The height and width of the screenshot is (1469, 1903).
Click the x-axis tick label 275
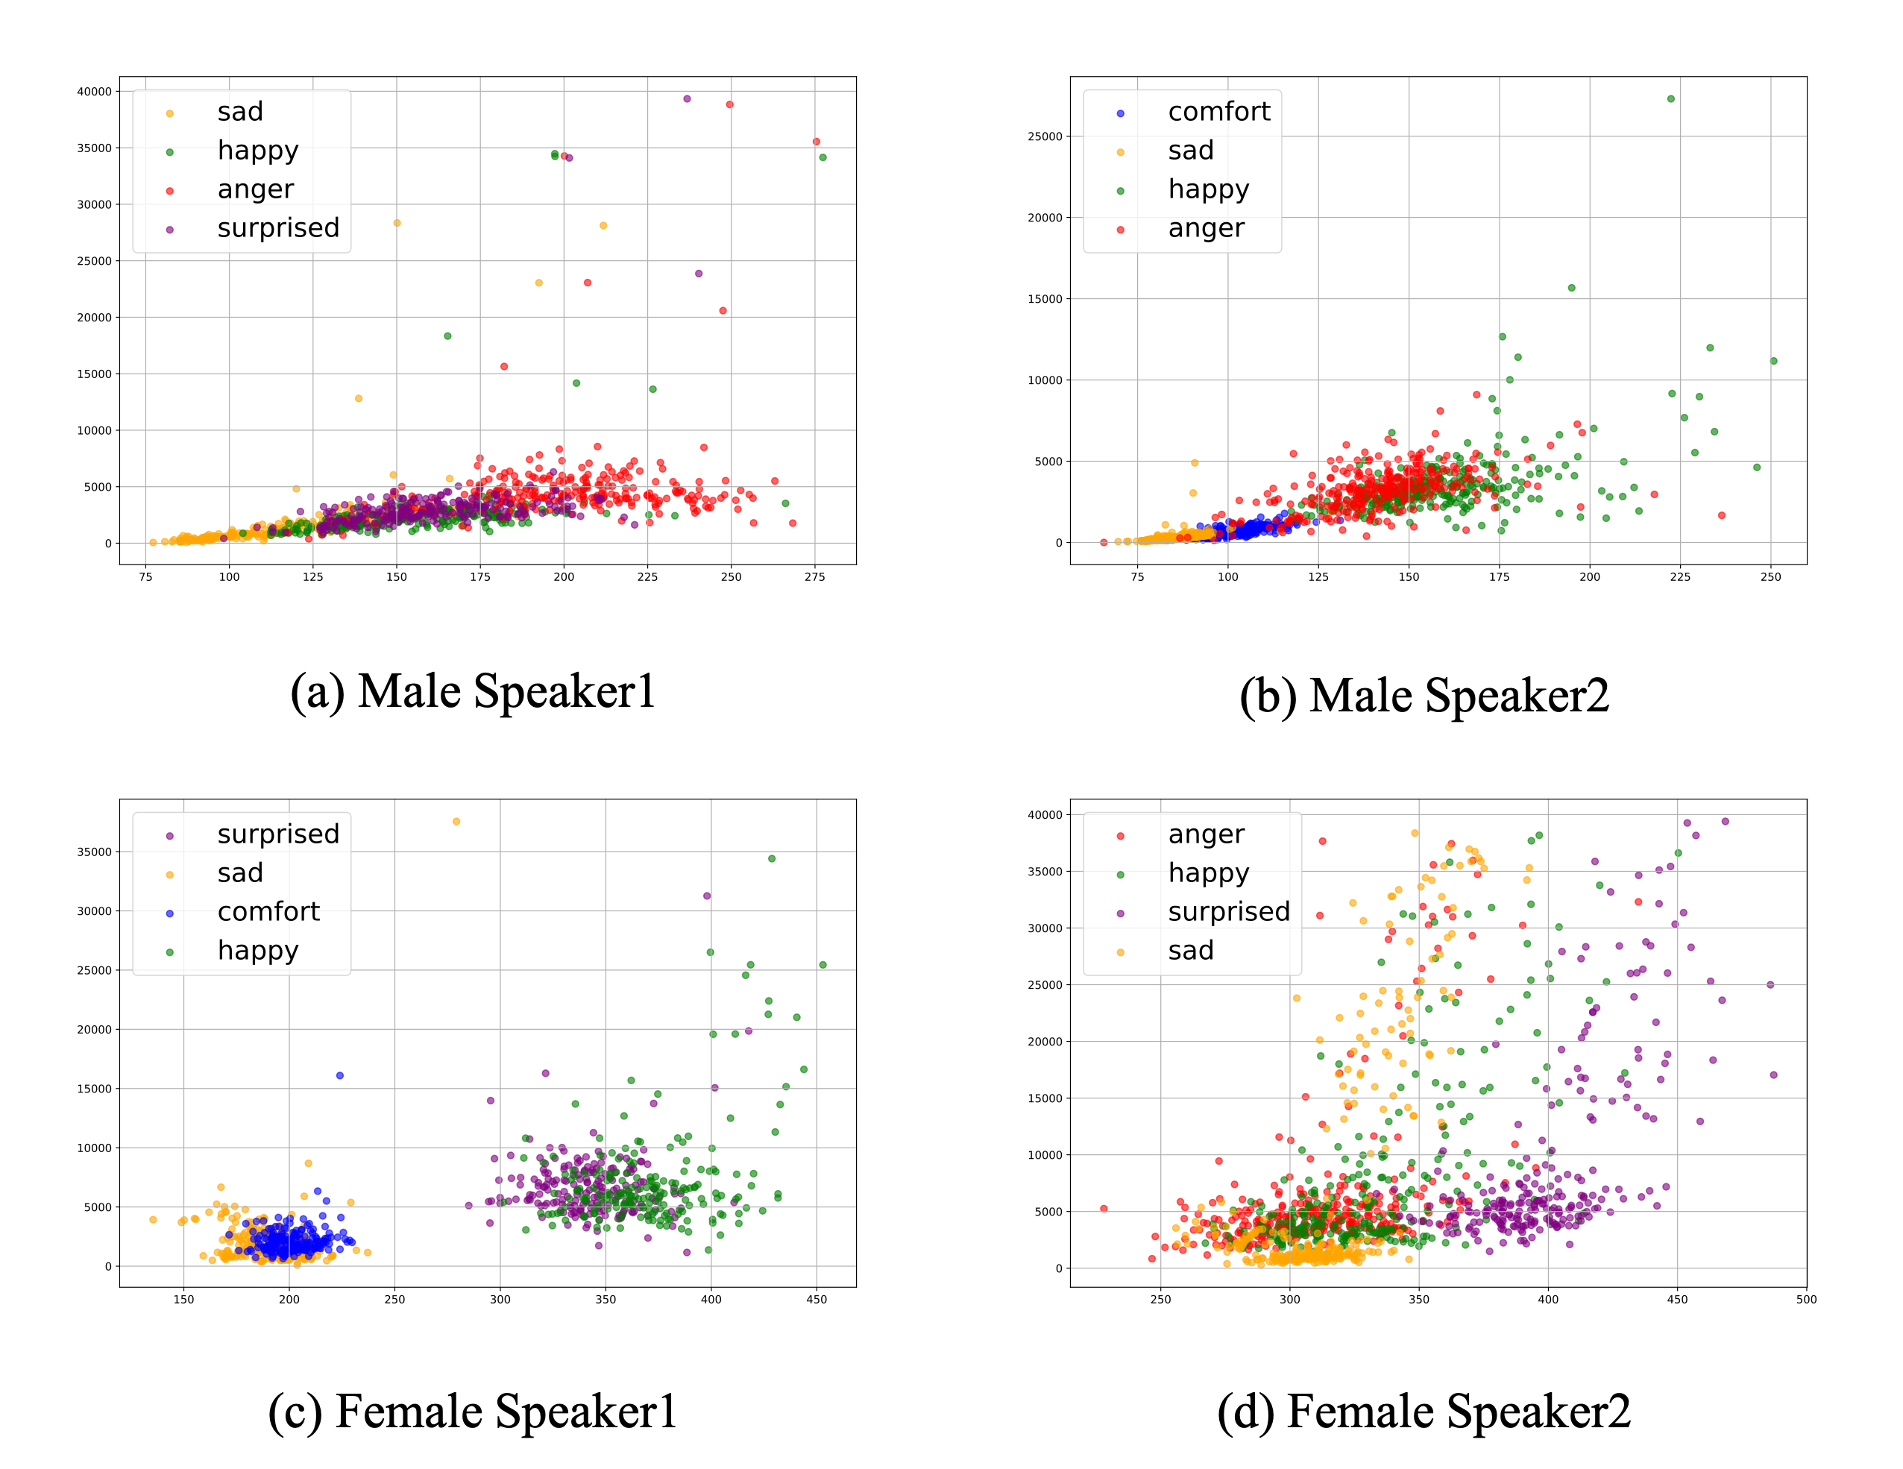coord(815,577)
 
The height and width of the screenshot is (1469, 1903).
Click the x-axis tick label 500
coord(1806,1299)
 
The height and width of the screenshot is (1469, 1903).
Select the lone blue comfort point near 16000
coord(340,1075)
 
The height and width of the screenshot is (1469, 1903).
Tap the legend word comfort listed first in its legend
coord(1218,112)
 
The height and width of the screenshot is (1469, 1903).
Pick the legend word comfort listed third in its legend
coord(268,911)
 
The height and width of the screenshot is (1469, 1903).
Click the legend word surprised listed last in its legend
coord(278,227)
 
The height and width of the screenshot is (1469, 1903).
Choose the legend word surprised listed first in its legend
coord(278,834)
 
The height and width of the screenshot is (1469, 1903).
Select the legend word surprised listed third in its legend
coord(1229,911)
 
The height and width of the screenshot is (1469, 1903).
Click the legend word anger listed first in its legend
coord(1206,834)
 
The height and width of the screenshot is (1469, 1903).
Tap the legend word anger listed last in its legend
coord(1206,227)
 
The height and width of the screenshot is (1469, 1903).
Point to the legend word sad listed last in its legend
coord(1190,950)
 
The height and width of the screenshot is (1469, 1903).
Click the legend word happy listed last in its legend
coord(258,950)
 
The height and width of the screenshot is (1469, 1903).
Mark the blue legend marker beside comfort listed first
coord(1121,113)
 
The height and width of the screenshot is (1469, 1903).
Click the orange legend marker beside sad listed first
coord(170,113)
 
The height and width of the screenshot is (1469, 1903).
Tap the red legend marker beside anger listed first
coord(1121,837)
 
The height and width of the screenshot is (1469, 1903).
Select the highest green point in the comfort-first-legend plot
coord(1670,99)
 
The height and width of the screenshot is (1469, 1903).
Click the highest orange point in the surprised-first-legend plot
coord(456,822)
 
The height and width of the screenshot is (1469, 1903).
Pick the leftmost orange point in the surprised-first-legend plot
coord(154,1220)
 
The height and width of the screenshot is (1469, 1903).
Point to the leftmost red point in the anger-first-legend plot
coord(1104,1209)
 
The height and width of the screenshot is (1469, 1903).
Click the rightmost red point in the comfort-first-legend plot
coord(1722,516)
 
